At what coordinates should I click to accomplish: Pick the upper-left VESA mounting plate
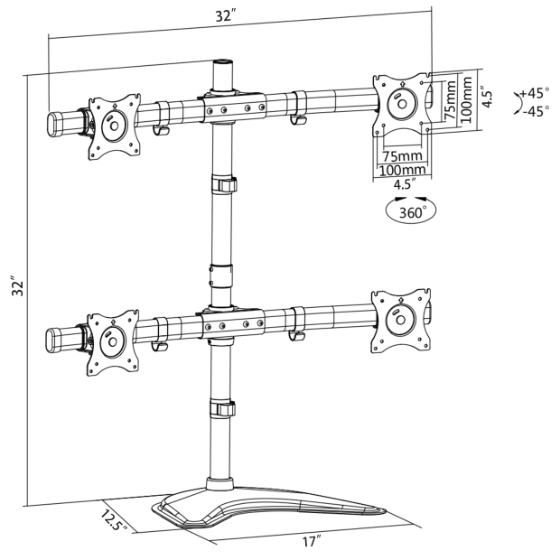pyautogui.click(x=113, y=126)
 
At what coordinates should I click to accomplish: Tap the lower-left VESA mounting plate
pyautogui.click(x=113, y=342)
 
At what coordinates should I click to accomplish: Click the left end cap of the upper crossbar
pyautogui.click(x=54, y=121)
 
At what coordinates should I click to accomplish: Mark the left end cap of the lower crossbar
pyautogui.click(x=54, y=339)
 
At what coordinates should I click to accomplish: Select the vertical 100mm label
pyautogui.click(x=466, y=98)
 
